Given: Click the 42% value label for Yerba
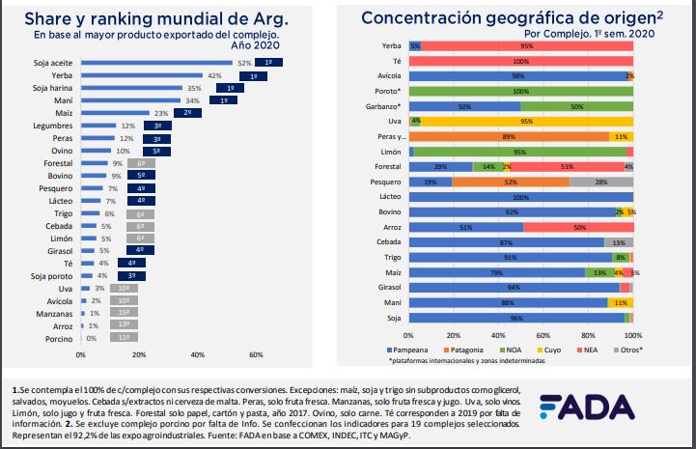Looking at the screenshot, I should pos(214,75).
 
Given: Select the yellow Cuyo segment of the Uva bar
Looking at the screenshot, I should pos(526,121).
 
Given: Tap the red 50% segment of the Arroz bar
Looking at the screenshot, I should pos(577,227).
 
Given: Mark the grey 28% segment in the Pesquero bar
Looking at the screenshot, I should pos(600,182).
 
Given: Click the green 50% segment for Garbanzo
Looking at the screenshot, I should pos(576,106).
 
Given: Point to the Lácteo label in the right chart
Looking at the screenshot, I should pos(390,196).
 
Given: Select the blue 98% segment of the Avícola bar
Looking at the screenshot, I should pos(517,75).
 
